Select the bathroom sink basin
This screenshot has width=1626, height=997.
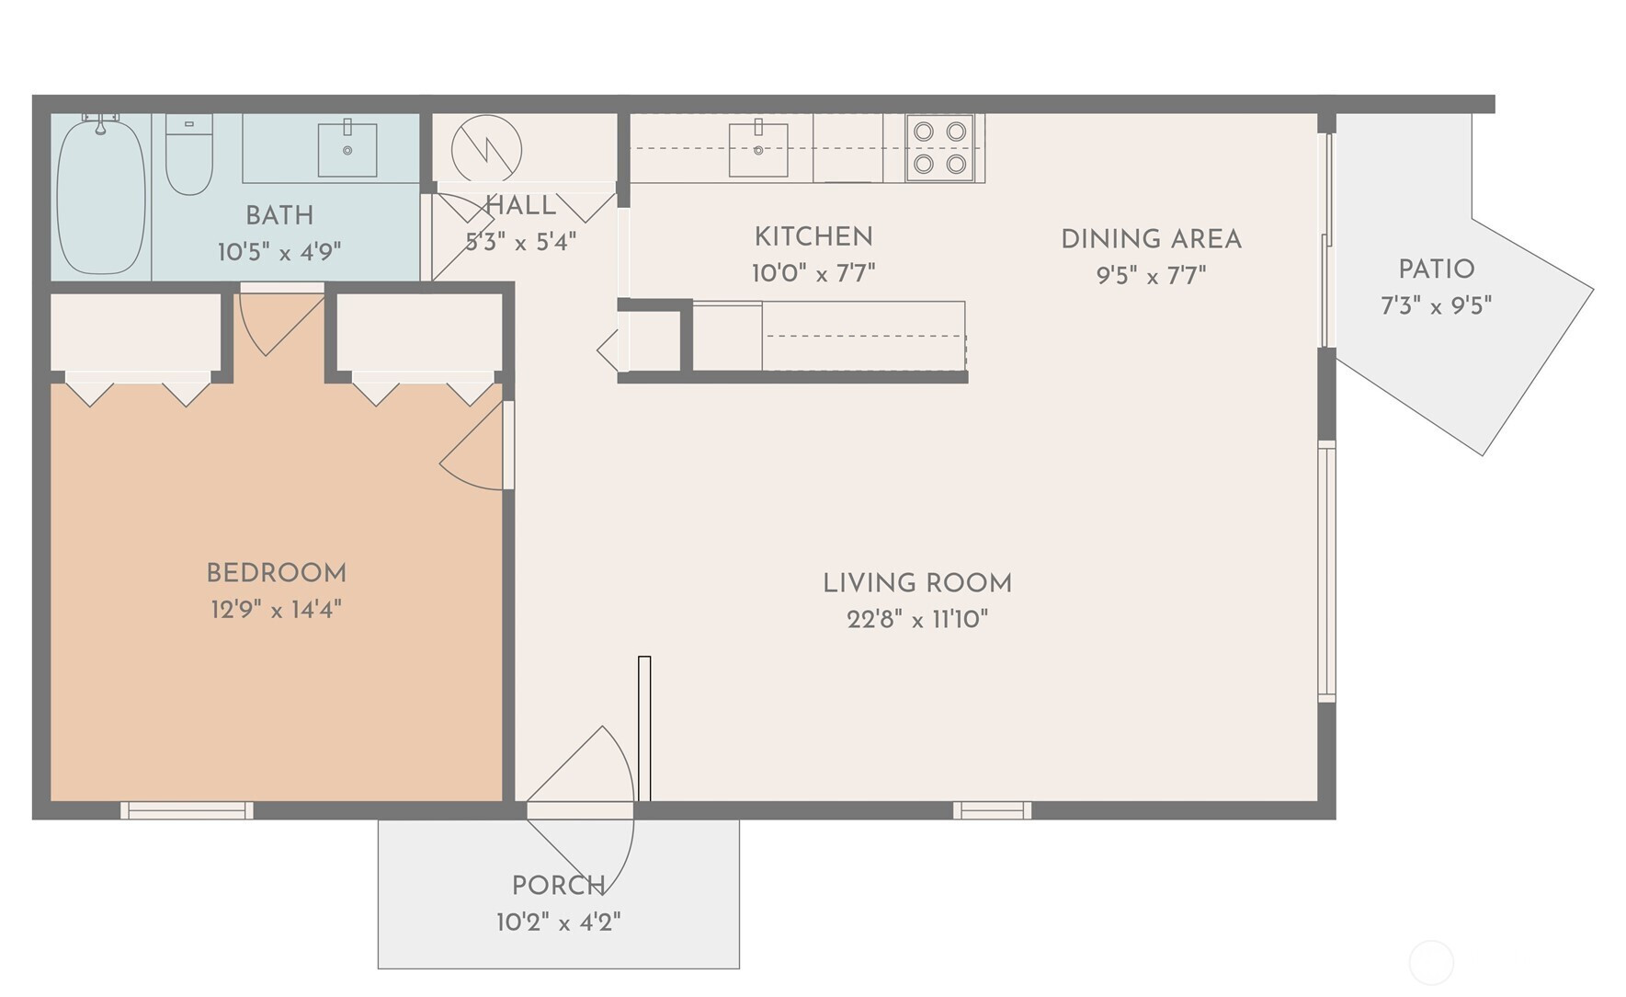347,149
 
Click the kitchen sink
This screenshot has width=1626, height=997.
758,149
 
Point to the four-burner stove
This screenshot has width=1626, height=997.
939,147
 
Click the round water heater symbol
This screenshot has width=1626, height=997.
486,149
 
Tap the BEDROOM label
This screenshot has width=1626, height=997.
277,573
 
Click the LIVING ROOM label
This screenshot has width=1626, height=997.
917,583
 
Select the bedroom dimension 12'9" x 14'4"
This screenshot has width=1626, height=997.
277,609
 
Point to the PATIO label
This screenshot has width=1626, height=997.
1437,269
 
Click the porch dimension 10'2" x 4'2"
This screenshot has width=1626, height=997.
559,922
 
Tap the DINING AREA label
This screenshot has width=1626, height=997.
1152,239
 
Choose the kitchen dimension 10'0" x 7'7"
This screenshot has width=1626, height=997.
813,273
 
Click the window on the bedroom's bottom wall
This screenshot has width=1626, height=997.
187,810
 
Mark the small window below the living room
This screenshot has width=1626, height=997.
992,810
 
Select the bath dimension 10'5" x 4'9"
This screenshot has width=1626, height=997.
279,252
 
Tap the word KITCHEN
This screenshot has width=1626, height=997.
813,237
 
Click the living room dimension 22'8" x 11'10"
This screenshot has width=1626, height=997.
917,619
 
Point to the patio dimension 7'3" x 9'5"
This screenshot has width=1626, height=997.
1437,305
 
